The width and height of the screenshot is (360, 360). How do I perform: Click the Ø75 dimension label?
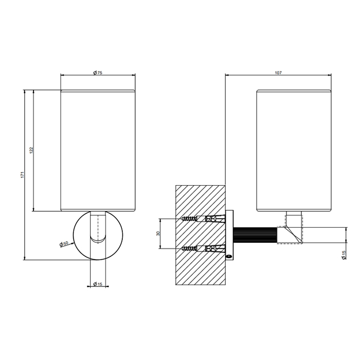98,73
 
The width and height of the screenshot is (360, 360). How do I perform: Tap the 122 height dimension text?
32,150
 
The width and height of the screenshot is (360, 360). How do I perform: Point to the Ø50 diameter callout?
64,244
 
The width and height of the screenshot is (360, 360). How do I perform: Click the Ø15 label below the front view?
98,284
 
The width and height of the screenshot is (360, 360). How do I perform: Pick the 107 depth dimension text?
278,73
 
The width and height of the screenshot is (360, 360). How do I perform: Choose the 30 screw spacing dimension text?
158,233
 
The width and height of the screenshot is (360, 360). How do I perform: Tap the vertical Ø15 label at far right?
344,255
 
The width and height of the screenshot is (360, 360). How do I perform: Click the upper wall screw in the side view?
190,219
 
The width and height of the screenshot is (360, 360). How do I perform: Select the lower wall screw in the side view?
190,248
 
